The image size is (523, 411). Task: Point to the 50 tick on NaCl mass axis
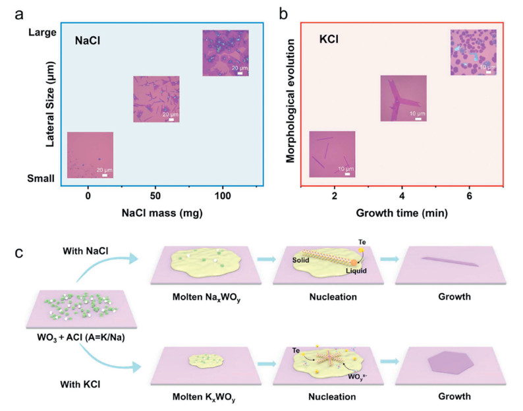click(155, 197)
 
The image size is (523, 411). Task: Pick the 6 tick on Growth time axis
click(469, 197)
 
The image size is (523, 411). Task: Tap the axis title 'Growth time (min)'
click(402, 213)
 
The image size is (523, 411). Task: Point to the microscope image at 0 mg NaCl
click(90, 155)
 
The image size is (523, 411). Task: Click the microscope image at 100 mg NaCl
click(225, 53)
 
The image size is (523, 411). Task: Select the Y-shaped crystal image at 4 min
click(403, 99)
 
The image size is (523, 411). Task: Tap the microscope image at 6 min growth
click(472, 53)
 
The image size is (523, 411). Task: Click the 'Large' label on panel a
click(41, 31)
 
